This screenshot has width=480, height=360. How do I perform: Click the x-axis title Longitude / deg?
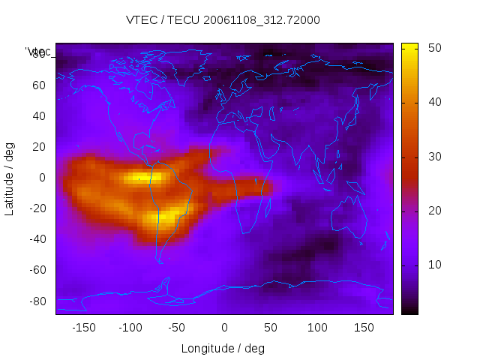(x=223, y=348)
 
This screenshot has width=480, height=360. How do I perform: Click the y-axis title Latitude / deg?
(x=10, y=177)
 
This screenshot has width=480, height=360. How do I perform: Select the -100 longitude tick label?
(x=130, y=327)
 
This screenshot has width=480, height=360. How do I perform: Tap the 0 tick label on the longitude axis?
(x=224, y=327)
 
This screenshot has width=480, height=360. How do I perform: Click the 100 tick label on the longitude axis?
(x=318, y=327)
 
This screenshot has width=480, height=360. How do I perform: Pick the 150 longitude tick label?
(x=364, y=327)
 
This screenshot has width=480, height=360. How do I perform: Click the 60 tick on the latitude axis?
(x=38, y=85)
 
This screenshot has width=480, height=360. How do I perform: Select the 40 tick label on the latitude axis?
(x=38, y=115)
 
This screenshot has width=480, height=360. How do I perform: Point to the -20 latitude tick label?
(x=36, y=208)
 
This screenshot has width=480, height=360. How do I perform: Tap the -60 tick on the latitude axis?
(x=36, y=270)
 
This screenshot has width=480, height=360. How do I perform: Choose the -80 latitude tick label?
(x=36, y=301)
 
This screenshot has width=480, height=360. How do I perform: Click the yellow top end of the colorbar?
(x=409, y=46)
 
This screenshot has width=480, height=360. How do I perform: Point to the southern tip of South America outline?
(x=160, y=261)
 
